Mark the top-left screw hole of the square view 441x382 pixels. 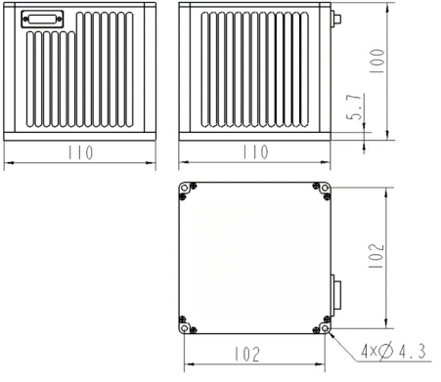tap(183, 191)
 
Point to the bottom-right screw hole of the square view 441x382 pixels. tap(324, 324)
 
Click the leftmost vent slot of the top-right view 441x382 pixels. tap(207, 68)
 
